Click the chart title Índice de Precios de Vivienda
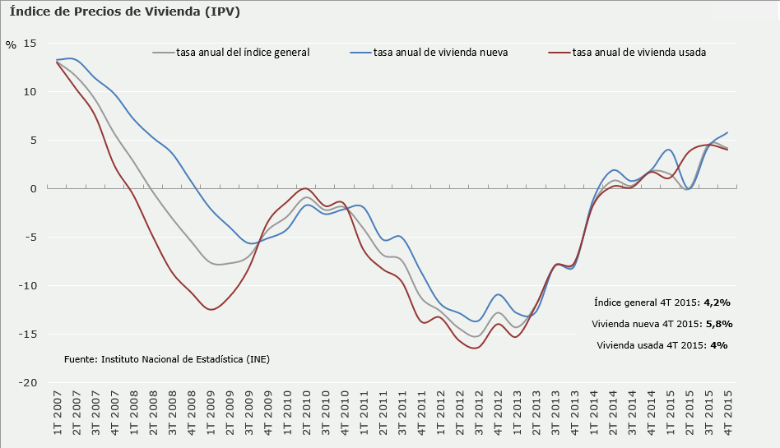[x=125, y=12]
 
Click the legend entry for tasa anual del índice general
[x=243, y=52]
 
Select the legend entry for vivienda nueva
[x=440, y=52]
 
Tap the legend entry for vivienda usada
[x=639, y=52]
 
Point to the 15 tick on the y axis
[x=30, y=43]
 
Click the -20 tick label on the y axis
[x=29, y=383]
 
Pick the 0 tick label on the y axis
[x=34, y=189]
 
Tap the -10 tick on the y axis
[x=29, y=286]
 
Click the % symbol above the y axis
[x=11, y=45]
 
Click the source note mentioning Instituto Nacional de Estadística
[x=166, y=359]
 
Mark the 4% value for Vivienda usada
[x=718, y=345]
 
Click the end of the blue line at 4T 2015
[x=727, y=132]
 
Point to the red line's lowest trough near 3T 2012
[x=475, y=348]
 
